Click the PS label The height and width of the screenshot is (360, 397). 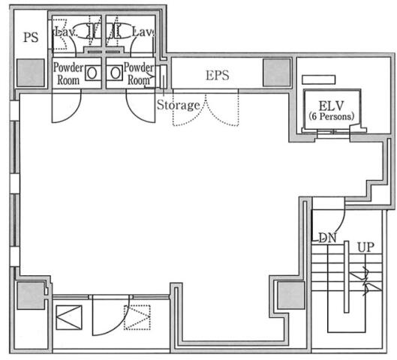[31, 37]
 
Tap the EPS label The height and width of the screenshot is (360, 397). [218, 75]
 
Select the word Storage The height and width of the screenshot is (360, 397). [179, 105]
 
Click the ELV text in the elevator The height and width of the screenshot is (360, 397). [331, 106]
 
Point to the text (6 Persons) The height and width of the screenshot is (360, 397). [332, 116]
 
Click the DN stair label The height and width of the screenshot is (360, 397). [327, 238]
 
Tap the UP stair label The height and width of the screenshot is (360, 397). [365, 247]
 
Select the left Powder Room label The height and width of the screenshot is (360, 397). [68, 73]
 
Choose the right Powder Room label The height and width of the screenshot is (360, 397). [139, 73]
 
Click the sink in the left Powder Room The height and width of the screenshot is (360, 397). [92, 73]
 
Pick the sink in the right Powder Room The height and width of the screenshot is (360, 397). [116, 73]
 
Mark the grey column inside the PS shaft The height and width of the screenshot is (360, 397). [31, 73]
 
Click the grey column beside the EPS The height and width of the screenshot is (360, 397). [276, 73]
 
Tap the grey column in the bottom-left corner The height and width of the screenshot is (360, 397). [31, 295]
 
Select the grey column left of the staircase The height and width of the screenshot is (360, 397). [291, 295]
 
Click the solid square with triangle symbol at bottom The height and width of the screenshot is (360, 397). [69, 317]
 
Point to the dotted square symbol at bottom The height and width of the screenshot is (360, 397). [137, 317]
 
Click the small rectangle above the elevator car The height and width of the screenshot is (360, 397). [319, 79]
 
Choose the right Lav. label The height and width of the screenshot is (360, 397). [143, 32]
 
